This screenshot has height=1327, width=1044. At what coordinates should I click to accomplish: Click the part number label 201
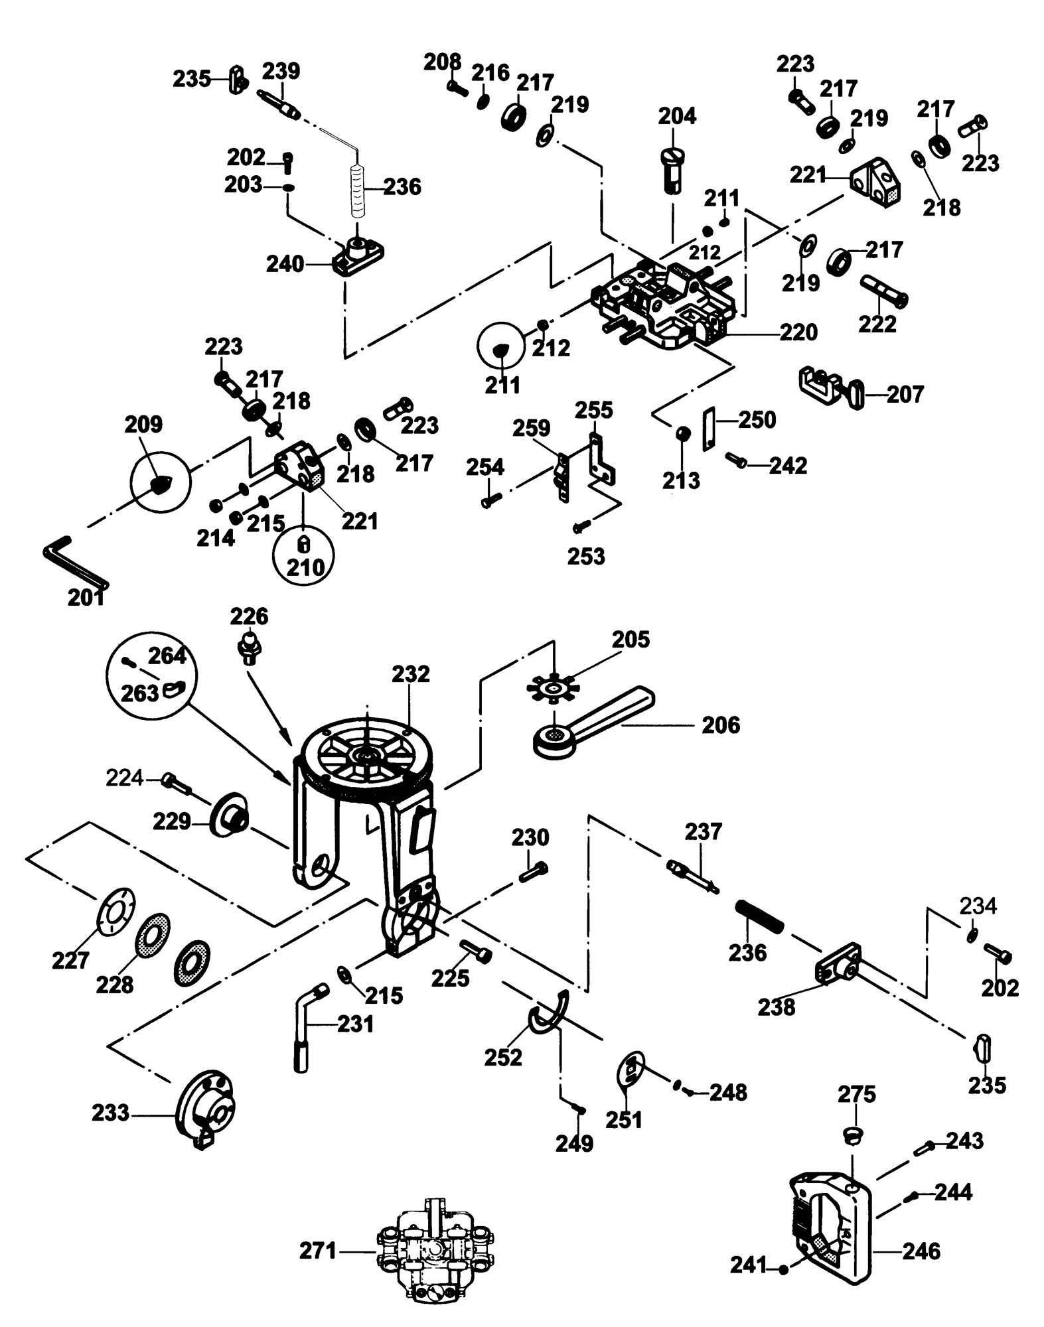click(x=86, y=598)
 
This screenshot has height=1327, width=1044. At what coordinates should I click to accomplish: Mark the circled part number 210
click(x=305, y=567)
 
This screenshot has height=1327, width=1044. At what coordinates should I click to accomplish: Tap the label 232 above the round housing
click(x=411, y=674)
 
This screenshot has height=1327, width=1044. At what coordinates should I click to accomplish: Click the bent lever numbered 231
click(x=305, y=1028)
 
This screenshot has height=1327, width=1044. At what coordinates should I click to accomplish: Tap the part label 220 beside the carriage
click(x=797, y=332)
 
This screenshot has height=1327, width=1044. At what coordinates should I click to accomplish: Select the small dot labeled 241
click(x=784, y=1269)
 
